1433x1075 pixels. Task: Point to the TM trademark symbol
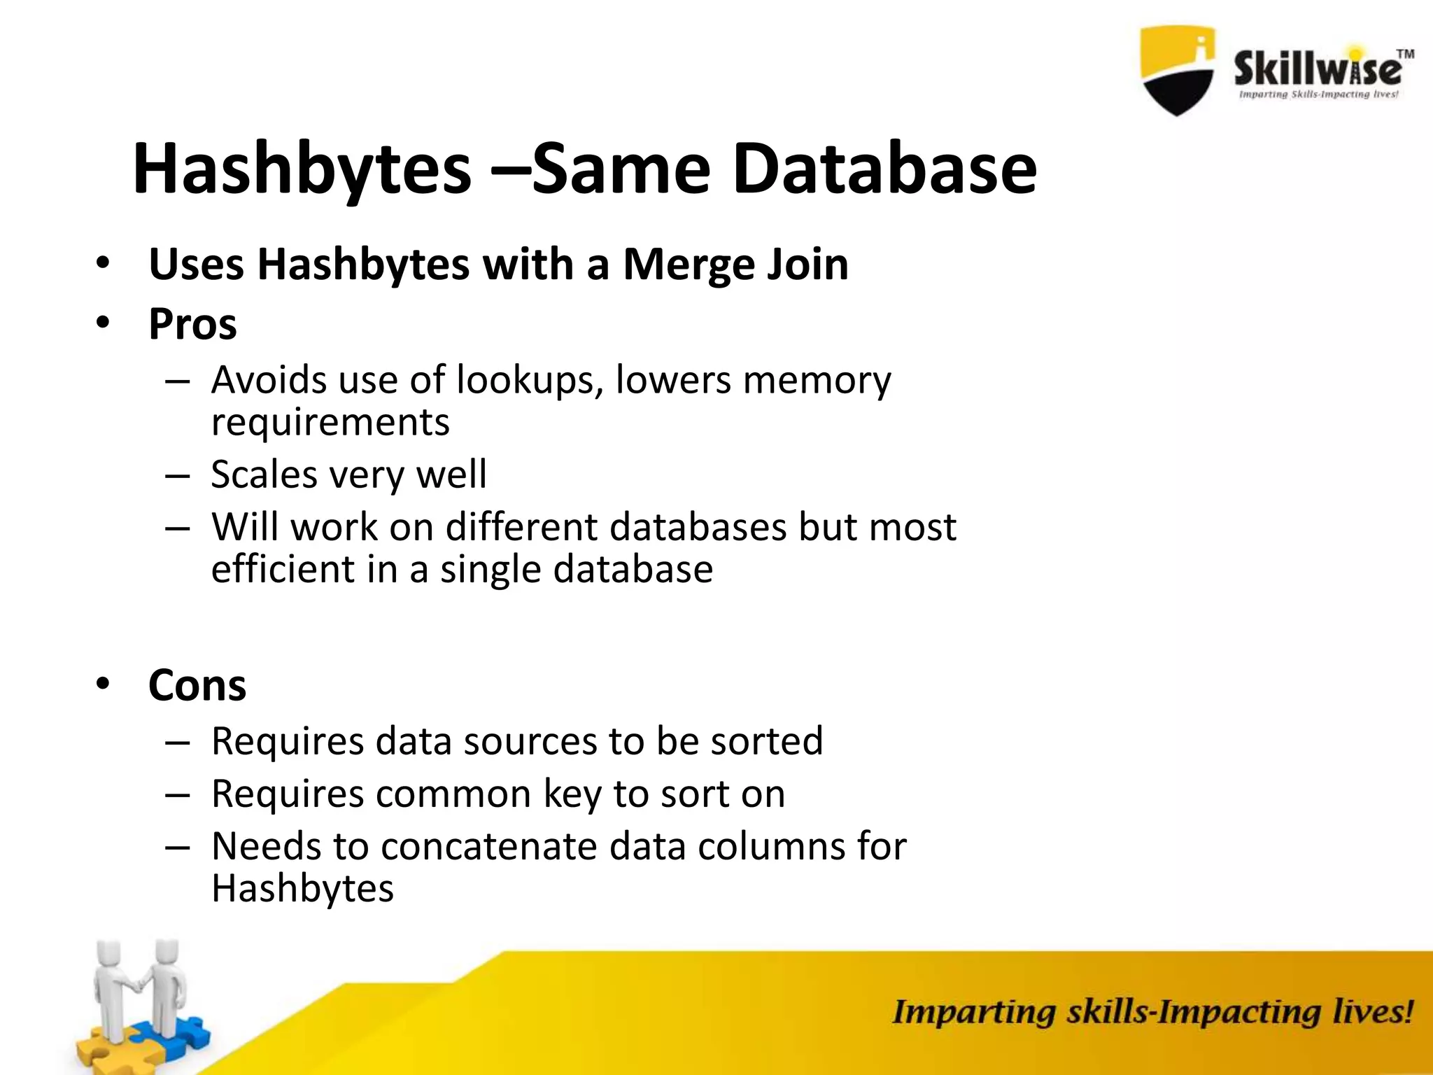[1404, 54]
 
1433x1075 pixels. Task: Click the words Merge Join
[735, 265]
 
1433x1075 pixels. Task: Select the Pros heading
[192, 324]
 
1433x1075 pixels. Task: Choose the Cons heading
[197, 685]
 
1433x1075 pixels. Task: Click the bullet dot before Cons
[104, 683]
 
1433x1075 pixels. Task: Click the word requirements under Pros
[330, 422]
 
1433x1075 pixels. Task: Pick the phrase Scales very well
[348, 475]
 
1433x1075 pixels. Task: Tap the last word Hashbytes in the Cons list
[302, 888]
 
